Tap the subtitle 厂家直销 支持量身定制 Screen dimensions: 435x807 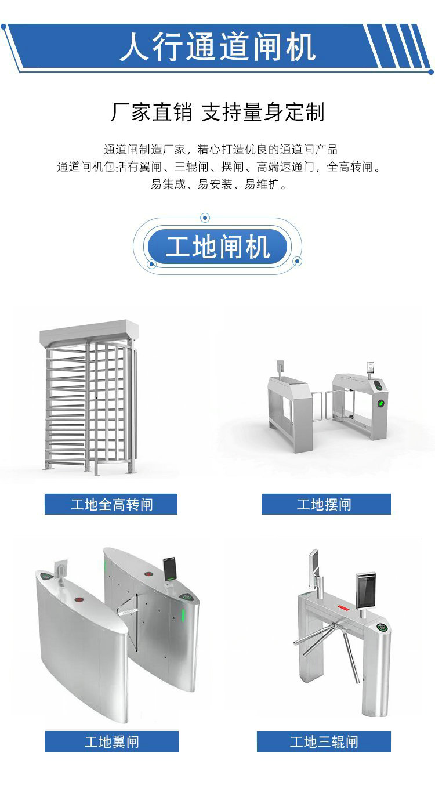[x=217, y=112]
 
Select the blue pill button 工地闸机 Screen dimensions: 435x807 [x=217, y=247]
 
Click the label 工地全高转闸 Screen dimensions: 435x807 [x=111, y=504]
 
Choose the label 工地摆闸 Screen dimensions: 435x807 [x=326, y=504]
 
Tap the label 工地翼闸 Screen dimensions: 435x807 [x=111, y=741]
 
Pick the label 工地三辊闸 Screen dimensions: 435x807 [x=324, y=741]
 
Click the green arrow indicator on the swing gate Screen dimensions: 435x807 [x=380, y=403]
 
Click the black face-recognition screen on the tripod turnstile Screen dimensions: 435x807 [x=366, y=590]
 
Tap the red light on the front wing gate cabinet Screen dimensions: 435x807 [x=79, y=600]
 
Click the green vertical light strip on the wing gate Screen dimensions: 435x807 [x=183, y=616]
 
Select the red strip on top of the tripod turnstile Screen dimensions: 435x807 [x=343, y=609]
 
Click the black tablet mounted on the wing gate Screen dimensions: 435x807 [x=170, y=569]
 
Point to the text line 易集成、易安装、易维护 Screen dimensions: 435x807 [x=218, y=184]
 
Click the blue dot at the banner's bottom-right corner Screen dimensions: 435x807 [x=431, y=72]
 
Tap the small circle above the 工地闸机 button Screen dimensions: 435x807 [x=205, y=218]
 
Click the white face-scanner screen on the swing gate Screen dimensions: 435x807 [x=371, y=367]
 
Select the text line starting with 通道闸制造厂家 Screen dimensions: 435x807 [x=220, y=149]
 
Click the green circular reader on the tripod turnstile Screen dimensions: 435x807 [x=382, y=627]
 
